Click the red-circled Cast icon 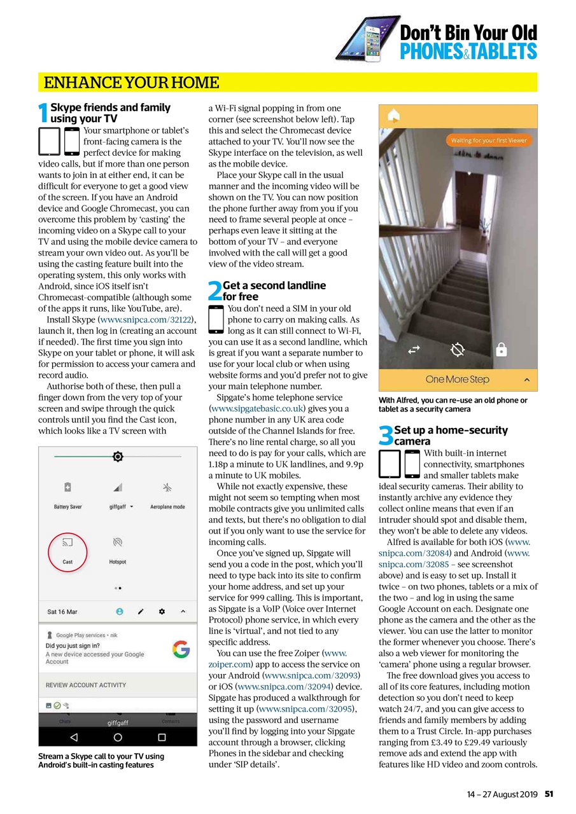tap(67, 544)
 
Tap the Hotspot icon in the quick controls tap(117, 542)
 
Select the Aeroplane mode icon tap(168, 488)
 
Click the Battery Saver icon tap(67, 488)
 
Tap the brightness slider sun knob tap(117, 457)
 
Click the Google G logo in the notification tap(181, 649)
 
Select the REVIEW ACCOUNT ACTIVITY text tap(86, 685)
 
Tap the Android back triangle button tap(74, 737)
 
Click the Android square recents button tap(162, 737)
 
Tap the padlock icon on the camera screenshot tap(502, 349)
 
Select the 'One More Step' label tap(457, 380)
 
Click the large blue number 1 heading tap(43, 114)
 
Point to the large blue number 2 tap(214, 291)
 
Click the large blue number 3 tap(386, 436)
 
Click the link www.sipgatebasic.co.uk tap(257, 408)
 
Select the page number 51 tap(549, 794)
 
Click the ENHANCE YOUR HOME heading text tap(131, 83)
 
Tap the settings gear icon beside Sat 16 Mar tap(162, 612)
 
